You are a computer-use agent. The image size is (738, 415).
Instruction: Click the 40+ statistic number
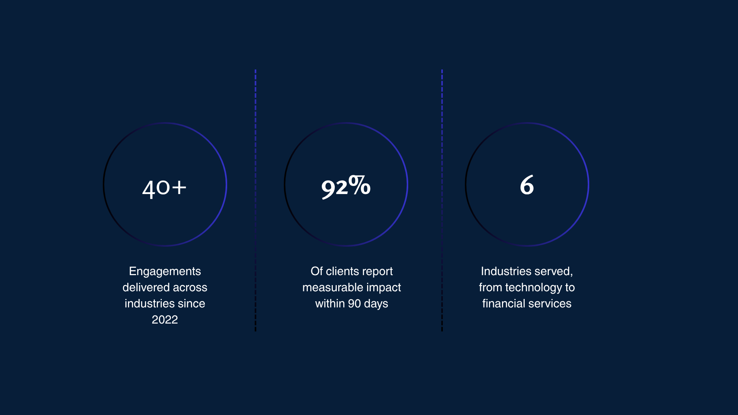[x=164, y=188]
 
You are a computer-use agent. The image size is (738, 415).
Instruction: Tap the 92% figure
[x=346, y=186]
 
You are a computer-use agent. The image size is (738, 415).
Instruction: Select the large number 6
[x=527, y=185]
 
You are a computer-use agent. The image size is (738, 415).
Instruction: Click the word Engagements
[x=165, y=271]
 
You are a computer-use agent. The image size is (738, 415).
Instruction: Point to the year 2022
[x=165, y=320]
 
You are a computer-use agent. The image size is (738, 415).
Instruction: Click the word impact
[x=384, y=287]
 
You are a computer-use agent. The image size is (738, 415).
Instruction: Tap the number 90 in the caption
[x=354, y=304]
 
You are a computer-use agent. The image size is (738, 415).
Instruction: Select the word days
[x=376, y=304]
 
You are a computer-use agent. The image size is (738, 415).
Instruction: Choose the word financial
[x=504, y=304]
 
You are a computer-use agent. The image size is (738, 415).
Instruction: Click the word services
[x=550, y=304]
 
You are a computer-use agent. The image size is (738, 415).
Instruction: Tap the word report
[x=377, y=271]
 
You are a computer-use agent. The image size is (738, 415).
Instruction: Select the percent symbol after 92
[x=360, y=185]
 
